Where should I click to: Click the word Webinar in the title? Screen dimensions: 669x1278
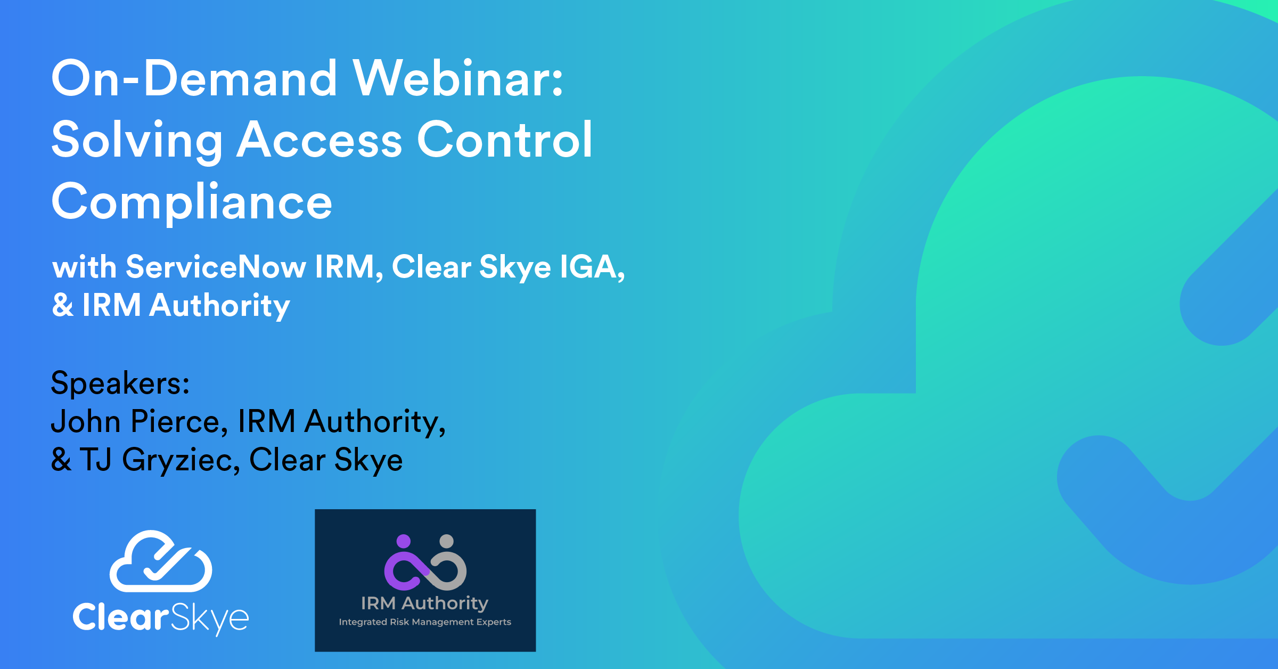pyautogui.click(x=458, y=78)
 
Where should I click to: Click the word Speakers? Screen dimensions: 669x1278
pyautogui.click(x=120, y=383)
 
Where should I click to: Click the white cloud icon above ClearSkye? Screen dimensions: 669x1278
pyautogui.click(x=161, y=561)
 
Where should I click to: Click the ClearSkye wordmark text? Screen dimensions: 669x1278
pyautogui.click(x=161, y=618)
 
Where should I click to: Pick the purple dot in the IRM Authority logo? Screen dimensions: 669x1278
pyautogui.click(x=404, y=541)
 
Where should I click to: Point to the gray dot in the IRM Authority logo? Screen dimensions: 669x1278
pyautogui.click(x=446, y=541)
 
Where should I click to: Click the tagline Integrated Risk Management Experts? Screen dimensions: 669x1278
pyautogui.click(x=425, y=622)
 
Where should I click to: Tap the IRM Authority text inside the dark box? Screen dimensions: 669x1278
pyautogui.click(x=425, y=603)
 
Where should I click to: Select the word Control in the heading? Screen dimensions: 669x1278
pyautogui.click(x=505, y=140)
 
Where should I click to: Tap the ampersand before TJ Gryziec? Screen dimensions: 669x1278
pyautogui.click(x=61, y=460)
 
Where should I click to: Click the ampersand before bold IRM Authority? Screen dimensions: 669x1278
pyautogui.click(x=63, y=305)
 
